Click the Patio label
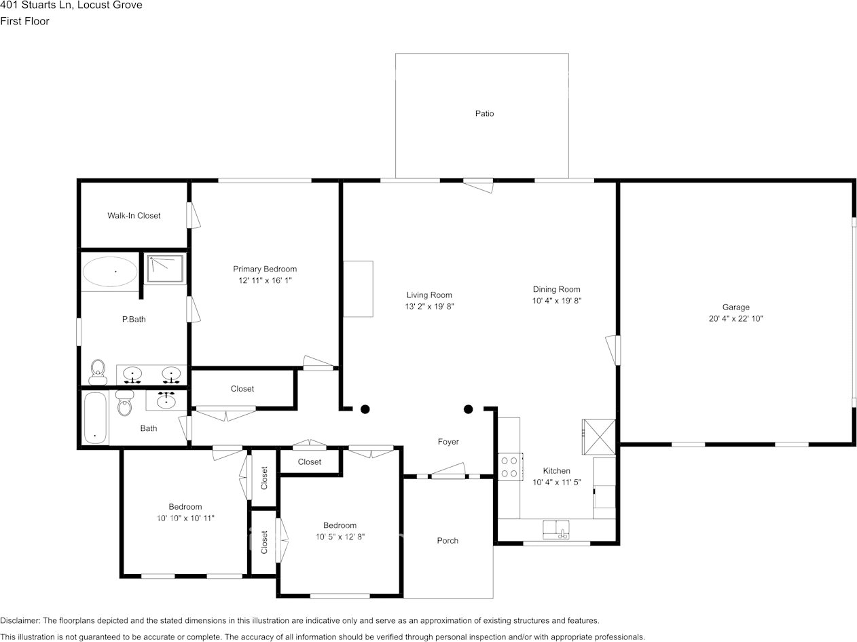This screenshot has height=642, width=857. (484, 113)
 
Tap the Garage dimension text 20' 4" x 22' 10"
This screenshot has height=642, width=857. (735, 318)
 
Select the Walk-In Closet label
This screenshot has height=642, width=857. (134, 216)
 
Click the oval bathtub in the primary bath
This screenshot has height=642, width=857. (110, 271)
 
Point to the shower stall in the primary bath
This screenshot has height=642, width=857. (165, 268)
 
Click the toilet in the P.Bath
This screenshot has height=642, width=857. (98, 372)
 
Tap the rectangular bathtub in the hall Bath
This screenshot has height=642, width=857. (95, 417)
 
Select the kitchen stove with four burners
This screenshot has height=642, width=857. (510, 466)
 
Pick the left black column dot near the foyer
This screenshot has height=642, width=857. (365, 409)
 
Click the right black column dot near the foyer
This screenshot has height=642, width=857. (468, 409)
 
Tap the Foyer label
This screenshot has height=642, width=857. (448, 442)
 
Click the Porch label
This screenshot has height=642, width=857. (448, 541)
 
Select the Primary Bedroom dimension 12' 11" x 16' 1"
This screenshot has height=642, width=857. (265, 280)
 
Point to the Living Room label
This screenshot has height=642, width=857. (429, 295)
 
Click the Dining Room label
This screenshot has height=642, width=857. (556, 290)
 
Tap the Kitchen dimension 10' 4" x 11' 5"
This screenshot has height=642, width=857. (556, 483)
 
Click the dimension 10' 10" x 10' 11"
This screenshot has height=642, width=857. (185, 518)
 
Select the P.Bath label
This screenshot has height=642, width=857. (134, 320)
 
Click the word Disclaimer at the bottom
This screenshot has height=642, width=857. (20, 621)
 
